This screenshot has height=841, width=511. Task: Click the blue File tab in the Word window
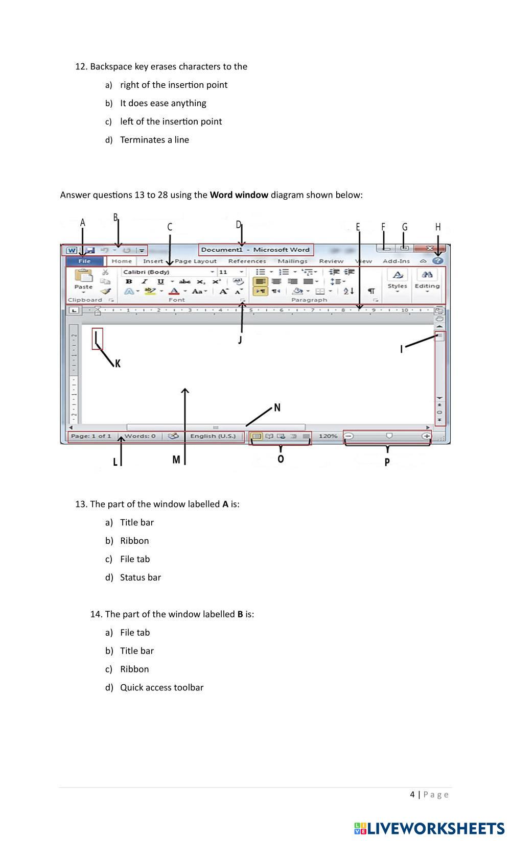(x=84, y=261)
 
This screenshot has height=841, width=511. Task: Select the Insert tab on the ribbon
(x=153, y=261)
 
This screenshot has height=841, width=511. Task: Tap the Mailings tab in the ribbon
(x=292, y=261)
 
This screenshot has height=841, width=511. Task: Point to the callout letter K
(x=118, y=364)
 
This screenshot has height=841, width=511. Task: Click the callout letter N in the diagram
(x=277, y=407)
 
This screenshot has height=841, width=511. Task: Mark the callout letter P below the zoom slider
(x=387, y=462)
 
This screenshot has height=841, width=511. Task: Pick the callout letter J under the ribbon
(x=240, y=340)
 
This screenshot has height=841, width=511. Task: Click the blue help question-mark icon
(x=438, y=260)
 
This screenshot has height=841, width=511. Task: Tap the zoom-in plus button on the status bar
(x=426, y=436)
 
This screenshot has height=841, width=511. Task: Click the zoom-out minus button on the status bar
(x=349, y=436)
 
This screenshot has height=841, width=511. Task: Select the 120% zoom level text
(x=328, y=436)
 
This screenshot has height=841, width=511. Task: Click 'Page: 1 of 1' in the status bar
(x=90, y=436)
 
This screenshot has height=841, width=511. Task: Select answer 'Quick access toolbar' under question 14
(x=161, y=687)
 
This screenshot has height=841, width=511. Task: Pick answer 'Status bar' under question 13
(x=141, y=578)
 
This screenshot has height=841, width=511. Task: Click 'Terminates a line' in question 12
(x=154, y=140)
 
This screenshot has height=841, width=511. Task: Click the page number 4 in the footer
(x=412, y=795)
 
